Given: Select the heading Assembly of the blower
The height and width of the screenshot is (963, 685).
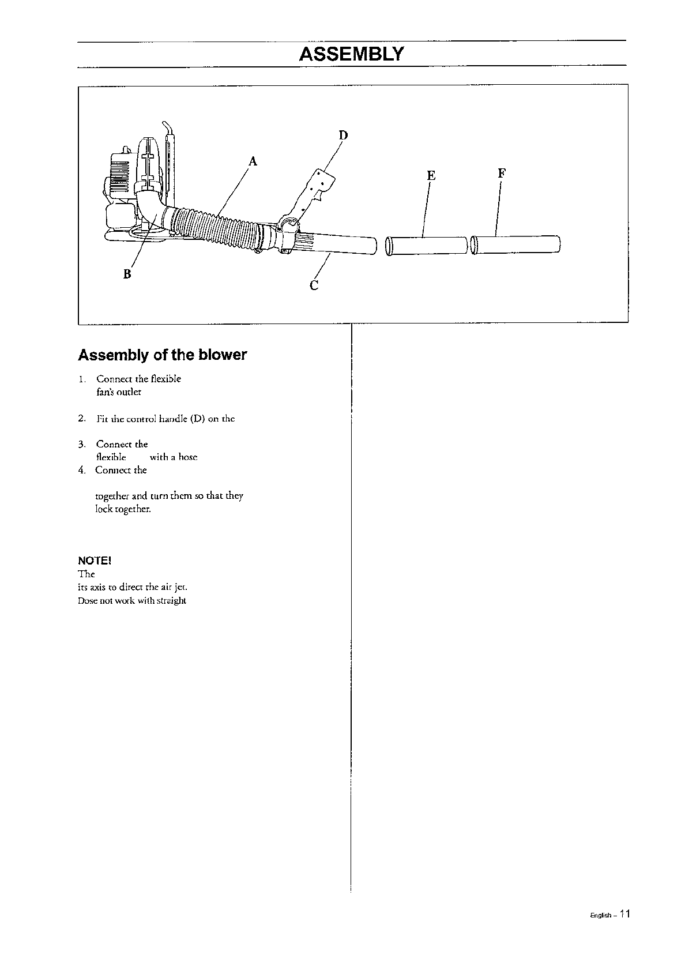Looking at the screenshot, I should pos(162,355).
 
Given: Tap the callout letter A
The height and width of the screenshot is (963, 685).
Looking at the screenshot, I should pos(252,161).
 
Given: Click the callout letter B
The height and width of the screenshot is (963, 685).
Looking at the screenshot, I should pos(127,274).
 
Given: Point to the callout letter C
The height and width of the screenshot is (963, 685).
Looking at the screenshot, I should pos(314,285).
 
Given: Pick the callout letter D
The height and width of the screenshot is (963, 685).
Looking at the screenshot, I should pos(343,136).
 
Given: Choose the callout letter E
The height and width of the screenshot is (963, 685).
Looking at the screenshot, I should pos(431,175).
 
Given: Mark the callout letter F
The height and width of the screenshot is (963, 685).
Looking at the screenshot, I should pos(502,173).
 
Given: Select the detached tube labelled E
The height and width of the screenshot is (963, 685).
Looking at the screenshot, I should pos(427,245).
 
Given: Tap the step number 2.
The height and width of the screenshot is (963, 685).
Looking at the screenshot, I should pos(82,418).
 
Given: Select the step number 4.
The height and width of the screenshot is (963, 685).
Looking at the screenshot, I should pos(82,470).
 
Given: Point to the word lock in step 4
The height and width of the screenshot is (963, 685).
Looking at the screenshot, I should pos(103,509).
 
